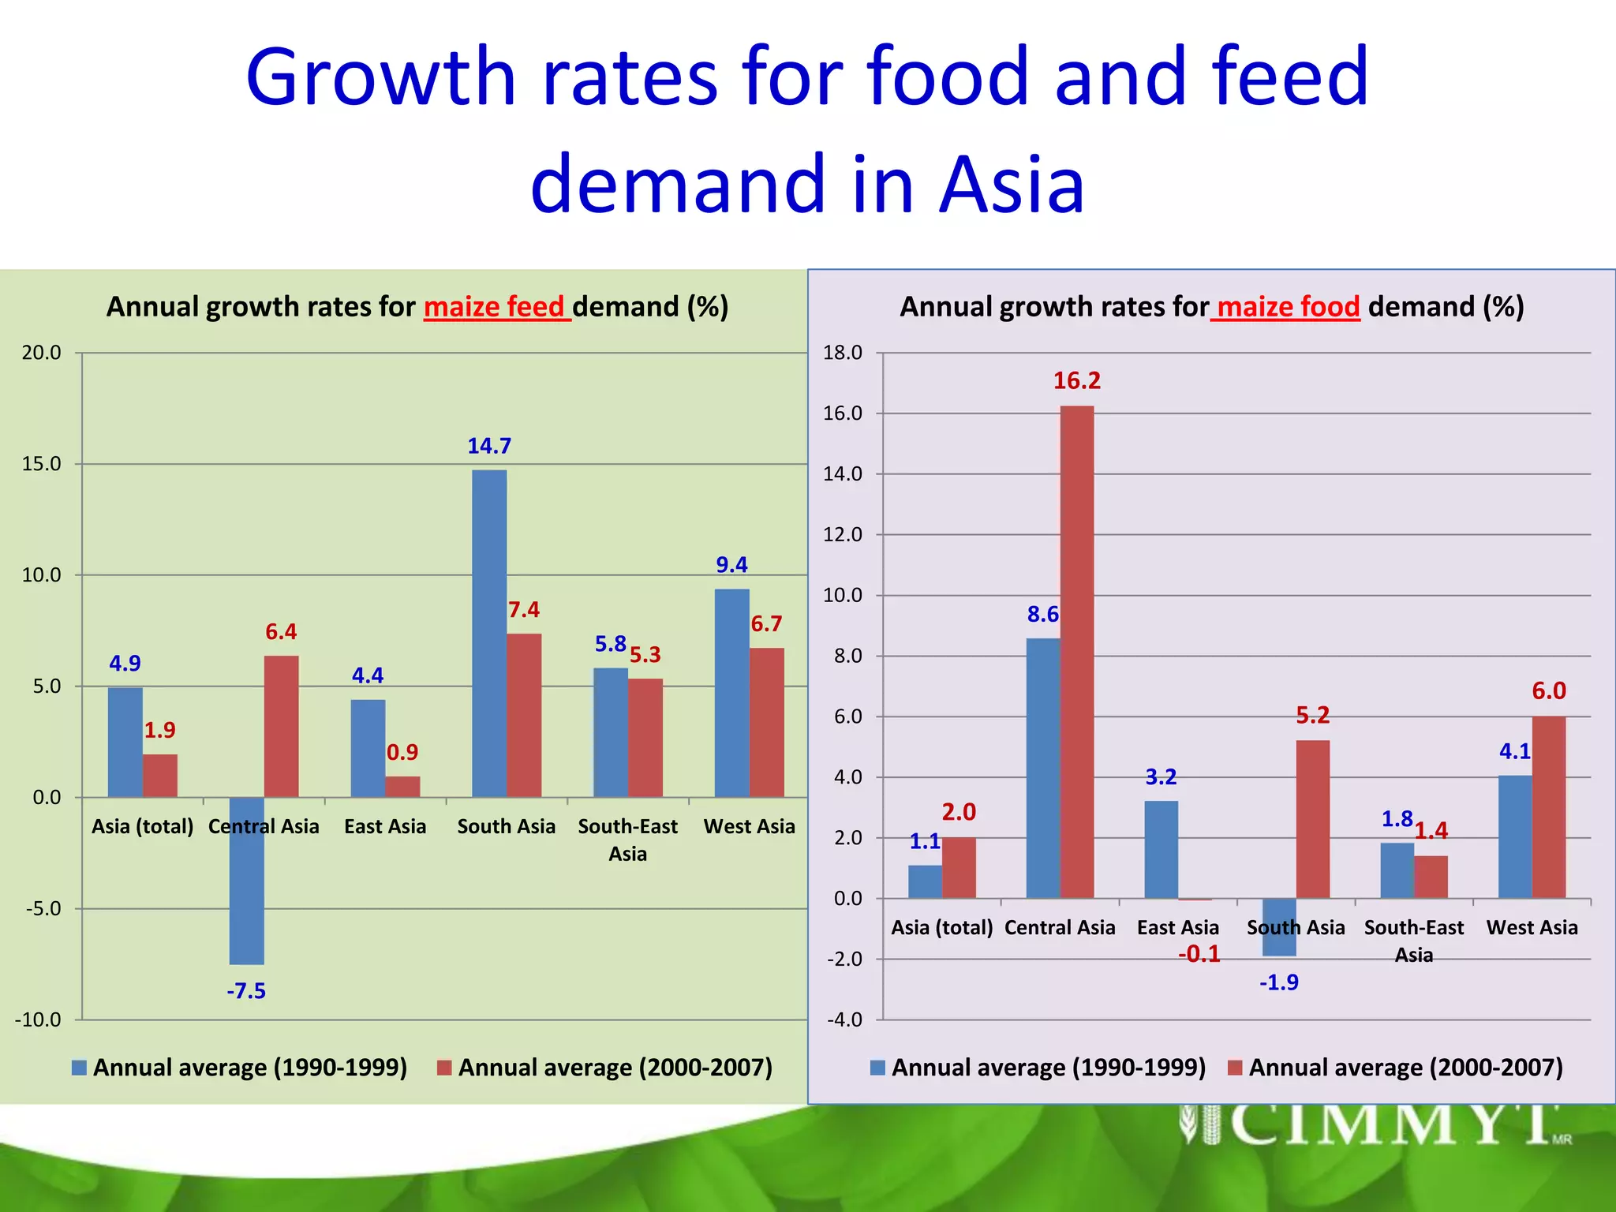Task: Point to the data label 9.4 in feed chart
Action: point(731,565)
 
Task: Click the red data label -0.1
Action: point(1199,954)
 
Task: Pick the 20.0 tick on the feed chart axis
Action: point(41,353)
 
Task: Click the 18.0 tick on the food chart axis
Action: point(843,353)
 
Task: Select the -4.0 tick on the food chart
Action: point(844,1019)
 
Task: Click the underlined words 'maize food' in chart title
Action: point(1286,307)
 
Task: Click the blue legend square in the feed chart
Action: point(79,1068)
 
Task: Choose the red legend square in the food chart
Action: point(1236,1068)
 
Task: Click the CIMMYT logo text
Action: point(1389,1124)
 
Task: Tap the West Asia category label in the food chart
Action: point(1532,927)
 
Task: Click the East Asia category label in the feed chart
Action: point(385,826)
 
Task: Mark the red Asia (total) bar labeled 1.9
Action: point(160,776)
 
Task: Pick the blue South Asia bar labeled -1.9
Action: point(1278,927)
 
